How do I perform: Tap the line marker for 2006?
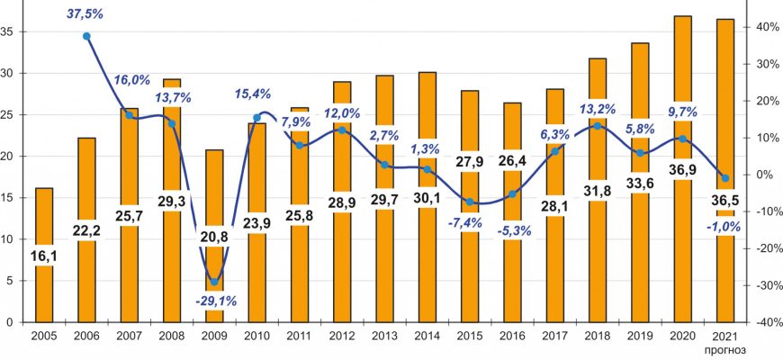coord(86,36)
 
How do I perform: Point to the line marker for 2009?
coord(214,282)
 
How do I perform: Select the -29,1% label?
coord(214,301)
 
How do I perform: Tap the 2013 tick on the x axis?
coord(384,335)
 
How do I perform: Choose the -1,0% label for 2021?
coord(724,228)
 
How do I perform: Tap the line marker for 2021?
coord(724,178)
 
